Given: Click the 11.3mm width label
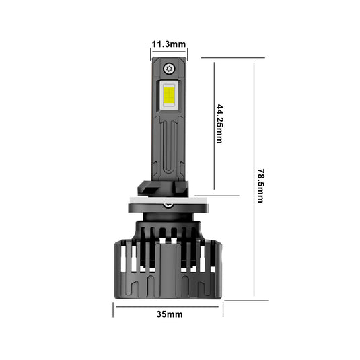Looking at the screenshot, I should (x=168, y=44).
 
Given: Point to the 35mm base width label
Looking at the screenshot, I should (x=168, y=314).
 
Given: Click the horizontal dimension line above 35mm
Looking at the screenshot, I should (x=168, y=306).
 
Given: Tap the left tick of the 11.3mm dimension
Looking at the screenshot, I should (x=151, y=50).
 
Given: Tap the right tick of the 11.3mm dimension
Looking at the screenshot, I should (x=187, y=50).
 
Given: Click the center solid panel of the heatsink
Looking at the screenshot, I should (x=168, y=269).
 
